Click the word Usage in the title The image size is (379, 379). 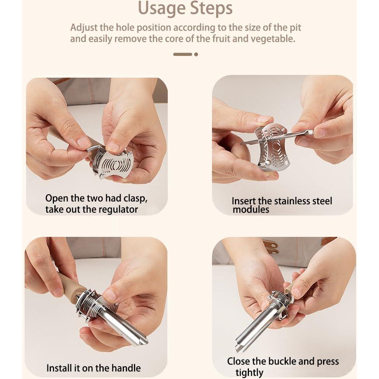(162, 9)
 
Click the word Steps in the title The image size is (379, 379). (211, 8)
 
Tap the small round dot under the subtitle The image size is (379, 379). (196, 54)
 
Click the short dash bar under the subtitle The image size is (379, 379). (183, 54)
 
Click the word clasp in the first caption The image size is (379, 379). (136, 198)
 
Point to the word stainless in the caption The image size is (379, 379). (292, 201)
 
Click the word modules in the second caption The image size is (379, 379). (251, 210)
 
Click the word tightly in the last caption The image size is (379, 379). (249, 373)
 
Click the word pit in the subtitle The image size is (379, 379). (296, 28)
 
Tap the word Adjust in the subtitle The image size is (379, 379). (84, 28)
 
